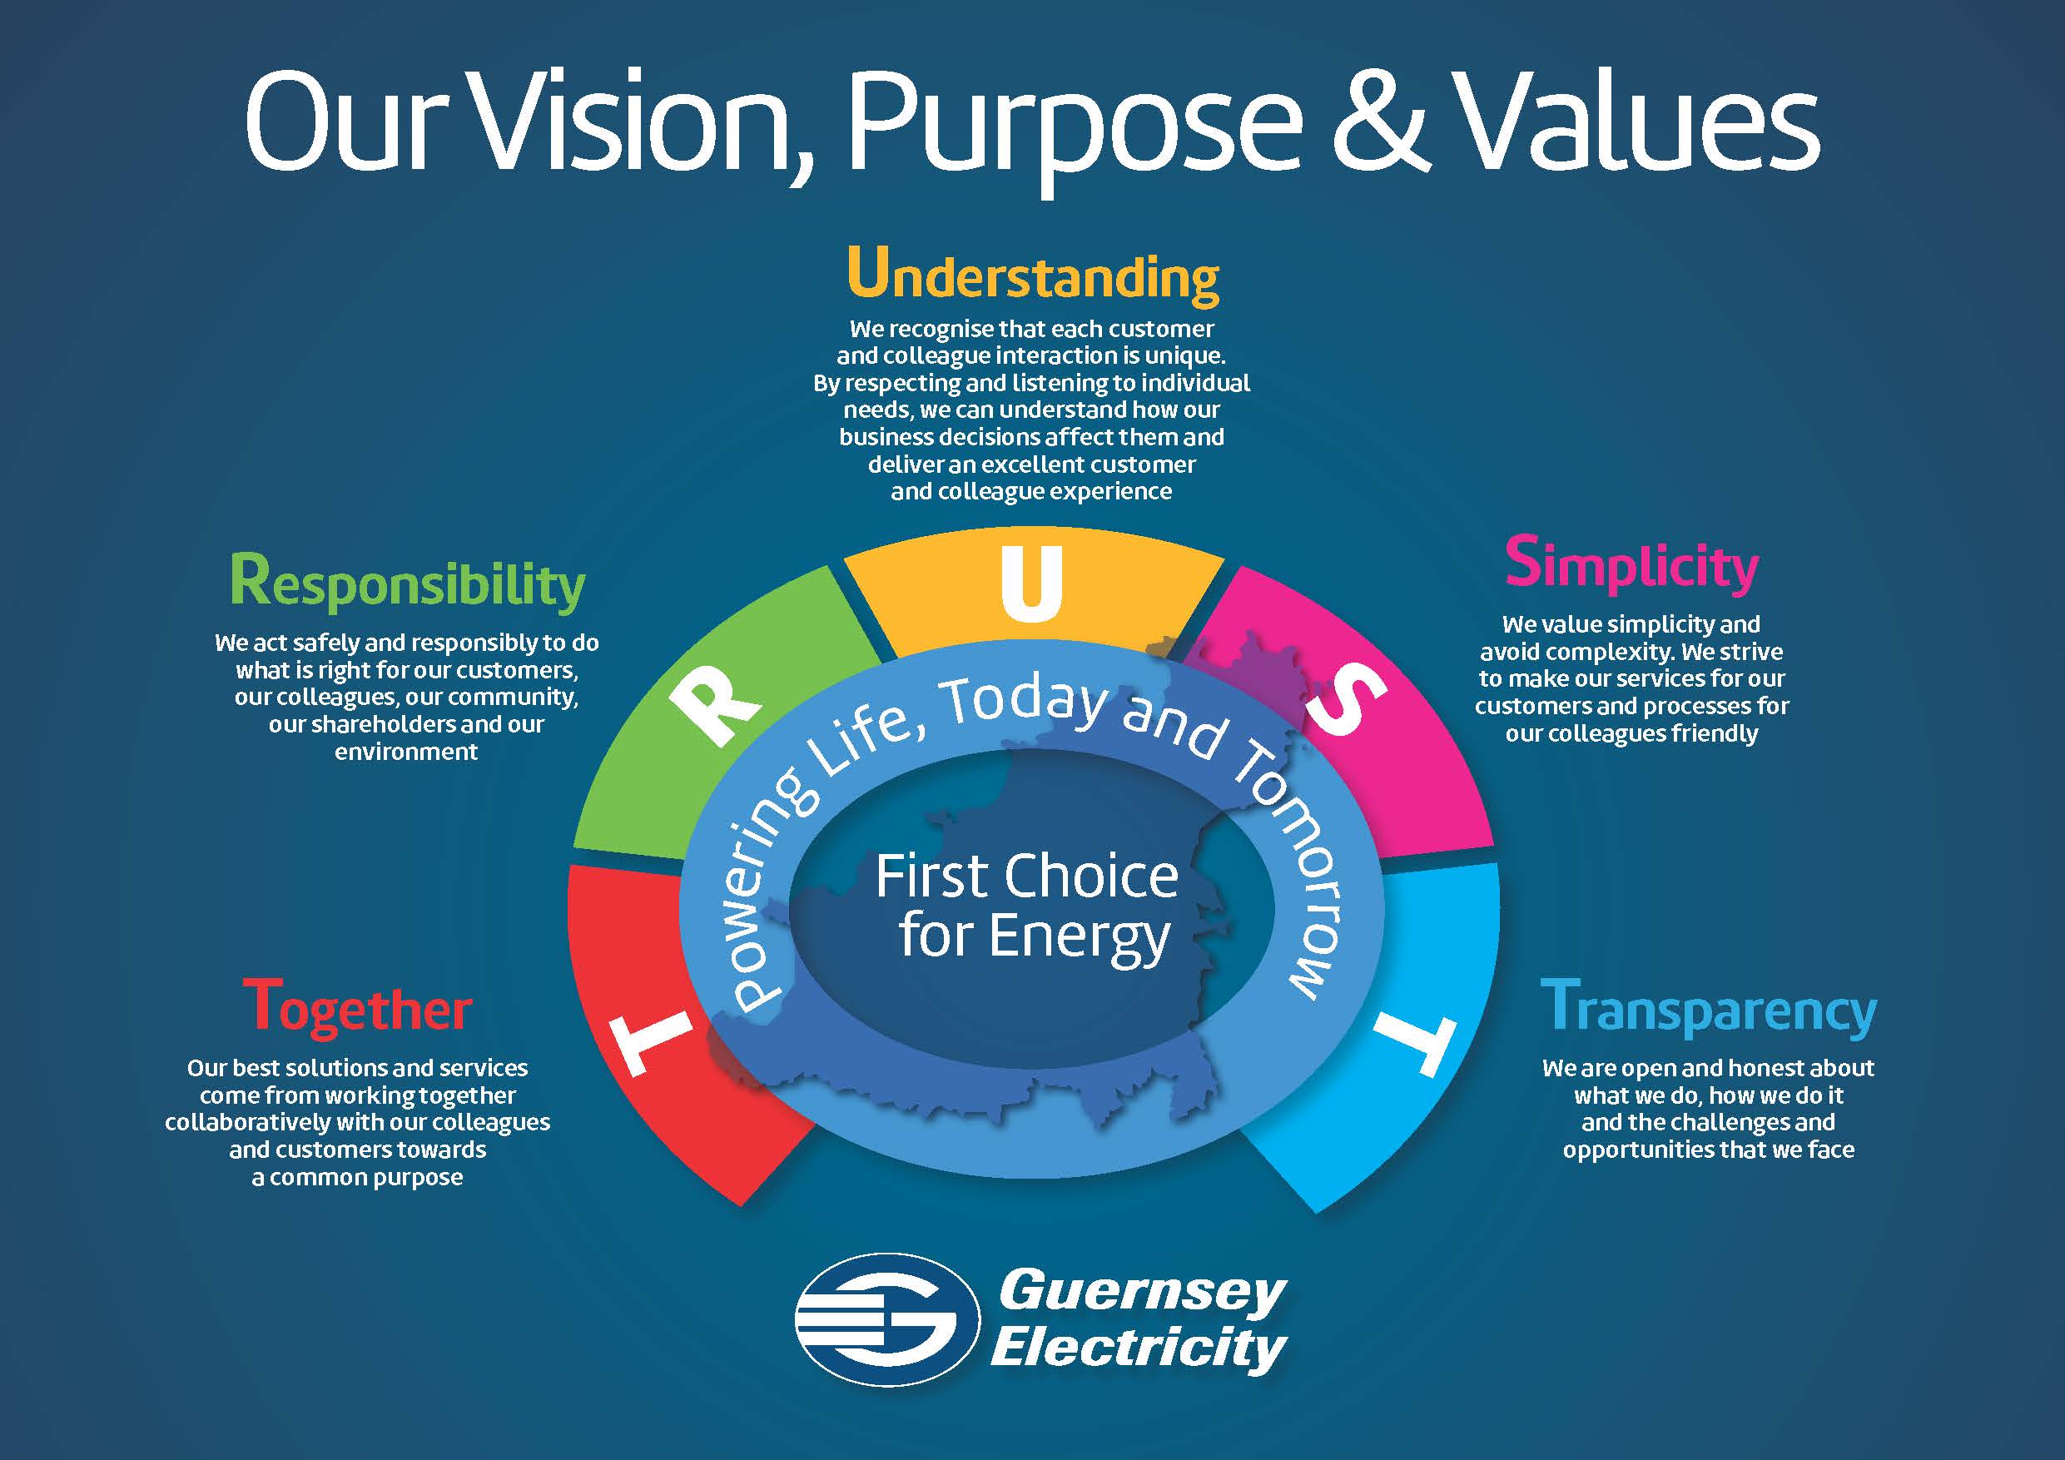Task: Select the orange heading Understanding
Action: click(1032, 275)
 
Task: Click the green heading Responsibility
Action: click(408, 584)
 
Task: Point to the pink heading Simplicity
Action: click(1631, 565)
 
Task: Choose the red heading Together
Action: click(357, 1007)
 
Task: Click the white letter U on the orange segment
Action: click(1031, 582)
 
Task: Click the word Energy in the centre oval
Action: click(1080, 939)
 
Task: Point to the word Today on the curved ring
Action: click(1027, 703)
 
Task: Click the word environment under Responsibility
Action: click(406, 751)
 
